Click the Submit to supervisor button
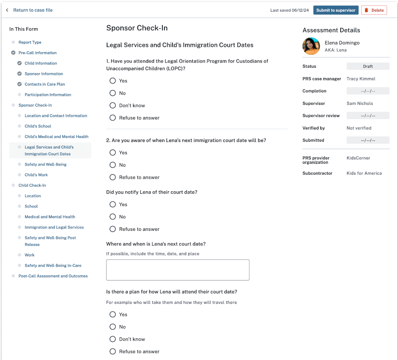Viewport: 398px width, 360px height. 336,10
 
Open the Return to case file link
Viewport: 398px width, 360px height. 32,10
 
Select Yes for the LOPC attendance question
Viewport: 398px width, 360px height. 113,81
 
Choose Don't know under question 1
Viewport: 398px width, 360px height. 113,105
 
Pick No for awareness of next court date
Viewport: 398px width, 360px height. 113,165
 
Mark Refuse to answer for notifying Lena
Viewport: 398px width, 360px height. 113,229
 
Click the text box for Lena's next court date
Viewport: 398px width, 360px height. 177,270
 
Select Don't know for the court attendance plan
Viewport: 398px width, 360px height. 113,339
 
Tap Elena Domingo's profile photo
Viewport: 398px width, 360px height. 311,46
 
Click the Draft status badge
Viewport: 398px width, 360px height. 368,66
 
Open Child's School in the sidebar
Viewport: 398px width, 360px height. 38,126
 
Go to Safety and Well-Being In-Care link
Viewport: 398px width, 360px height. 53,266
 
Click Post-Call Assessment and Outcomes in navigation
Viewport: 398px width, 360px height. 53,276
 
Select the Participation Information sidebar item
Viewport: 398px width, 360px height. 48,95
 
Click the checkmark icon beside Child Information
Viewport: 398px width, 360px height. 19,63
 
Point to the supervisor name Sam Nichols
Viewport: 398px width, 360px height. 360,103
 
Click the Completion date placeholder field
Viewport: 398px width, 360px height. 368,91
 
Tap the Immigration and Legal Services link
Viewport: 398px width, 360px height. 54,227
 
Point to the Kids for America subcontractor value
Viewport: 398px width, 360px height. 364,173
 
